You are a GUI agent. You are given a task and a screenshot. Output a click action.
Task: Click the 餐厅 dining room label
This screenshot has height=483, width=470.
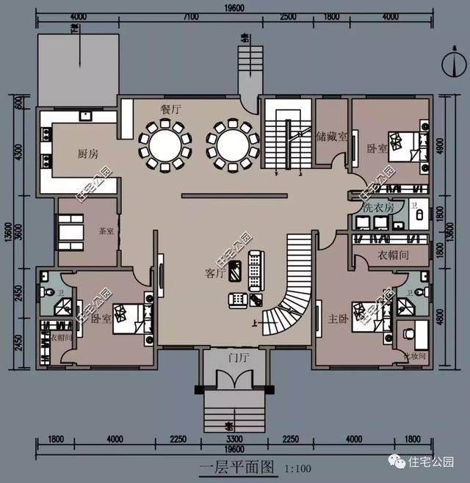coord(170,108)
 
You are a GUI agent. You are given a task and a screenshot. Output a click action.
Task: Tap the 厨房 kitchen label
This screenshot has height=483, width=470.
coord(88,154)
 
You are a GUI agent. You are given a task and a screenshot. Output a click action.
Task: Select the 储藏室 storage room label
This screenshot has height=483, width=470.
coord(331,137)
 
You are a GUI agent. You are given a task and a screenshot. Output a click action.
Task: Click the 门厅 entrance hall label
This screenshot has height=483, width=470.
coord(238,359)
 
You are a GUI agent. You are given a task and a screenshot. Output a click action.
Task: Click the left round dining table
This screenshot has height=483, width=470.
coord(165,143)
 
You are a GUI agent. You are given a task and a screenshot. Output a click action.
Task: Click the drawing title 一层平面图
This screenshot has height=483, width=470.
coord(236,465)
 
